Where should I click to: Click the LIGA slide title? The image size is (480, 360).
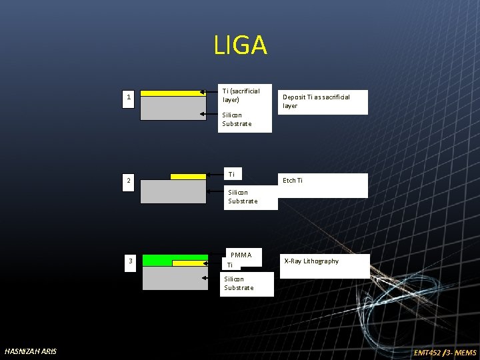pos(240,45)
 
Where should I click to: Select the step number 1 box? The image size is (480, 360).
pos(129,99)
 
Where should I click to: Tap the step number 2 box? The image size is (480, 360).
pos(129,181)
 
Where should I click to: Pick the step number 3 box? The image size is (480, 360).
pos(131,261)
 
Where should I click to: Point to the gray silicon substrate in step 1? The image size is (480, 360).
pos(173,108)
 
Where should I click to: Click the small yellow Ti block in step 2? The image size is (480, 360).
pos(188,177)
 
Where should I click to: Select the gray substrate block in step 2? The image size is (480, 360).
pos(173,191)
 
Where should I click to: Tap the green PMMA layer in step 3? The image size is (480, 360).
pos(157,259)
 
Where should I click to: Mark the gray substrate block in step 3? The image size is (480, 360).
pos(175,278)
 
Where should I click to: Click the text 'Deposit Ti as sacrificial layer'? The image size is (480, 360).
pos(316,101)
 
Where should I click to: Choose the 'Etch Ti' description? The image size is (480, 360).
pos(293,181)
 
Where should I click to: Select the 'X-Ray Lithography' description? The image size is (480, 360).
pos(311,261)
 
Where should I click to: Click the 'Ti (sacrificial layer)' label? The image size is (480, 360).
pos(241,95)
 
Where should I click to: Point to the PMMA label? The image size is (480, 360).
pos(241,255)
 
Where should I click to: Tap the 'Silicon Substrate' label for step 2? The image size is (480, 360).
pos(243,197)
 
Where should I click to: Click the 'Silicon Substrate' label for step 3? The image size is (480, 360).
pos(239,283)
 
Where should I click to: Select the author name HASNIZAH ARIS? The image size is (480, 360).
pos(31,351)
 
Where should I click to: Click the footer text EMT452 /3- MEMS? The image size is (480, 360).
pos(445,352)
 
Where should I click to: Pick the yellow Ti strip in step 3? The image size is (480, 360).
pos(189,263)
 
